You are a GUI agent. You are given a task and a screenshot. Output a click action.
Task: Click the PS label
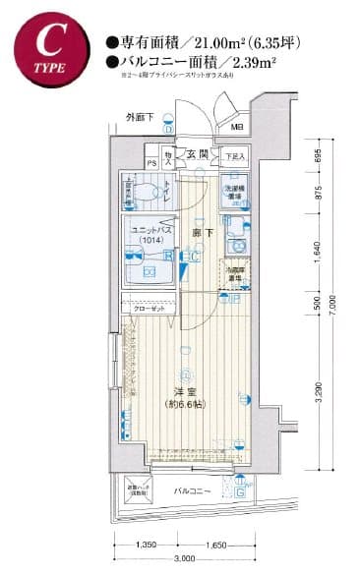tap(151, 162)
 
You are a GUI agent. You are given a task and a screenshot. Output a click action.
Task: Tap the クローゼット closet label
tap(148, 308)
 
